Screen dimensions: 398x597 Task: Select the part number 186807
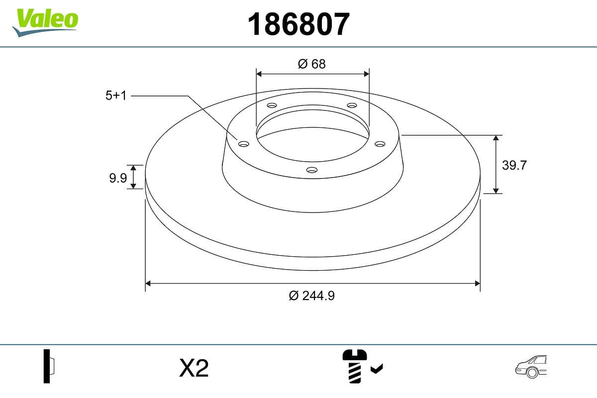click(298, 24)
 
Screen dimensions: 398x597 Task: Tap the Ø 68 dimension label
click(312, 64)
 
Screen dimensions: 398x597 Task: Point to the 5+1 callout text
click(116, 96)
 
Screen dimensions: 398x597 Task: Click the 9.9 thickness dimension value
click(118, 178)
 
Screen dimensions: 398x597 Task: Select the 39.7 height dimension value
click(514, 165)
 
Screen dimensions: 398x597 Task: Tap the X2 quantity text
click(194, 369)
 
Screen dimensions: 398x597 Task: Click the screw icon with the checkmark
click(361, 366)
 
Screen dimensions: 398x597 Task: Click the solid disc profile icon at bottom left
click(49, 366)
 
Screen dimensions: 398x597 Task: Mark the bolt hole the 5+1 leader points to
click(243, 144)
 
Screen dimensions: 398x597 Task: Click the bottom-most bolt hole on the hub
click(312, 170)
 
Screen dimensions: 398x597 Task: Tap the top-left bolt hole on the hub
click(272, 105)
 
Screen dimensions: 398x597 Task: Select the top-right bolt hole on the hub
click(352, 105)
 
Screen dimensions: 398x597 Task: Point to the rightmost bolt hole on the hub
click(380, 144)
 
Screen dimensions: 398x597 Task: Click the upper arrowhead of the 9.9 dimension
click(133, 167)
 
